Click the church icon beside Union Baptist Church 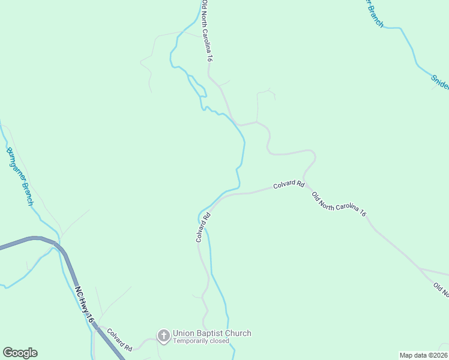point(163,337)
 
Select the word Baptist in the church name point(211,334)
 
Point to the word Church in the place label point(239,334)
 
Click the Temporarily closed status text point(201,341)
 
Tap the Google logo point(20,353)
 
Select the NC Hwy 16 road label point(85,305)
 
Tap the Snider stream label point(439,81)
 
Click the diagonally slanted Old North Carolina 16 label point(339,203)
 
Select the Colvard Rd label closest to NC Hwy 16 point(121,340)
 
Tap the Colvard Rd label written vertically point(202,227)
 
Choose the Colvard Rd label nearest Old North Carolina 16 point(289,185)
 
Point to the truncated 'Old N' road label point(441,290)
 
